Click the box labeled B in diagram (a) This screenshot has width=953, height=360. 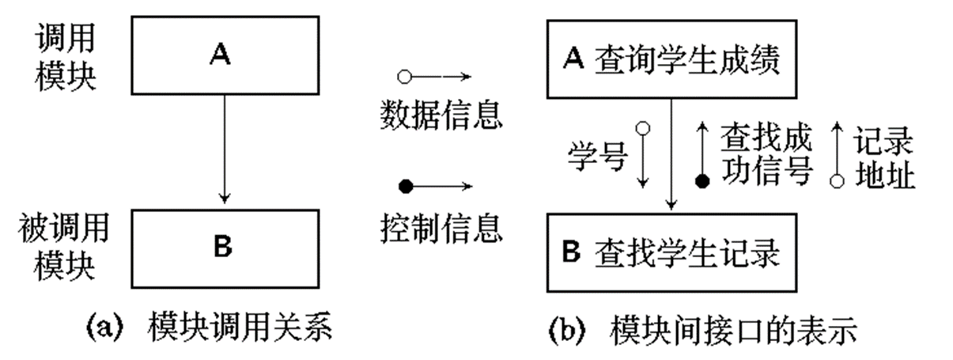click(223, 248)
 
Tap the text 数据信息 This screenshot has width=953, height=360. click(440, 118)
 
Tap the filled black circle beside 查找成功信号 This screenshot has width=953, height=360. click(702, 182)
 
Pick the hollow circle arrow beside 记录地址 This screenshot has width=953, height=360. click(836, 155)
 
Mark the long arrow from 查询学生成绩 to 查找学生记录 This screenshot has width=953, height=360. click(671, 155)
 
